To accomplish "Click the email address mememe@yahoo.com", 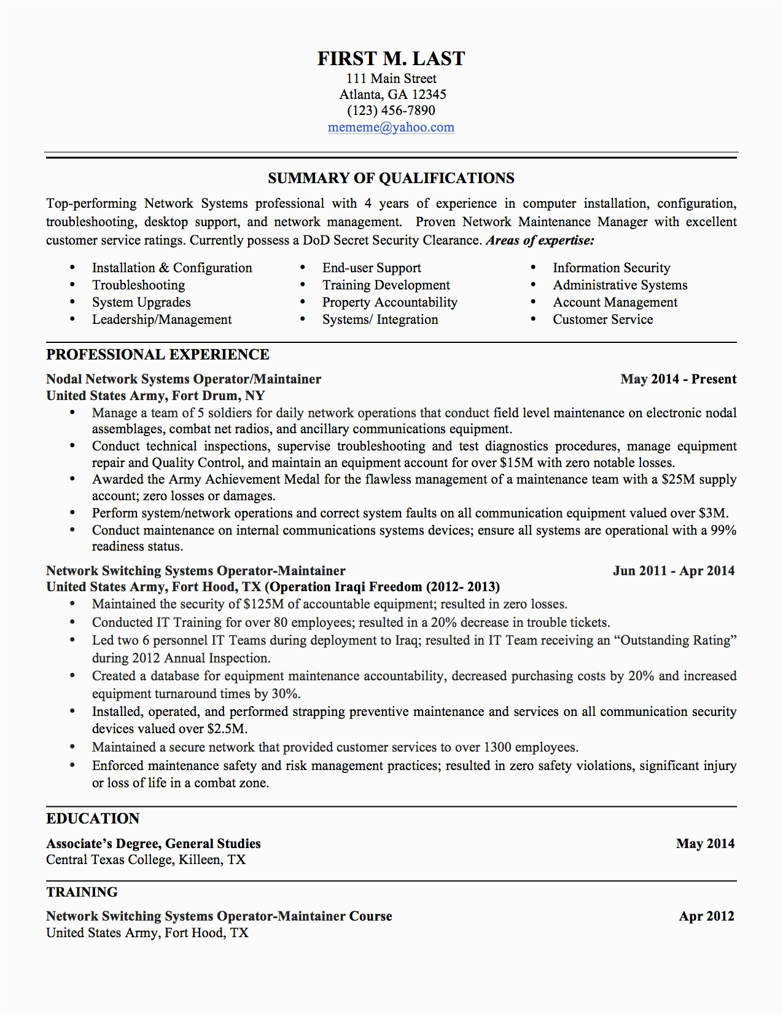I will pos(391,127).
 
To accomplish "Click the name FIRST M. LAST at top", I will pos(391,58).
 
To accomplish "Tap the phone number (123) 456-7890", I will pos(391,111).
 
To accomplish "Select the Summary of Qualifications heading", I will pos(391,178).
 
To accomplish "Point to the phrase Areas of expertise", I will pos(540,240).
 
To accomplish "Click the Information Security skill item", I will pos(611,268).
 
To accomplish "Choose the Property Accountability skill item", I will pos(389,302).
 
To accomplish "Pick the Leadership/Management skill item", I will pos(162,320).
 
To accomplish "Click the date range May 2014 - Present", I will pos(678,379).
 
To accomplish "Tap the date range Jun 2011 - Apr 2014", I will pos(674,571).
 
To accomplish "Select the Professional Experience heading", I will pos(158,355).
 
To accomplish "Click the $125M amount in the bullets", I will pos(263,604).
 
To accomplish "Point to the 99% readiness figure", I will pos(723,530).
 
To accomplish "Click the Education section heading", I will pos(93,819).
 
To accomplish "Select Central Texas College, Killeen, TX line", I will pos(146,860).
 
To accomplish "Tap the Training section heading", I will pos(82,892).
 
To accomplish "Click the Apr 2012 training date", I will pos(706,916).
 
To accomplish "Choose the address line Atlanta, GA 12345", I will pos(392,95).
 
